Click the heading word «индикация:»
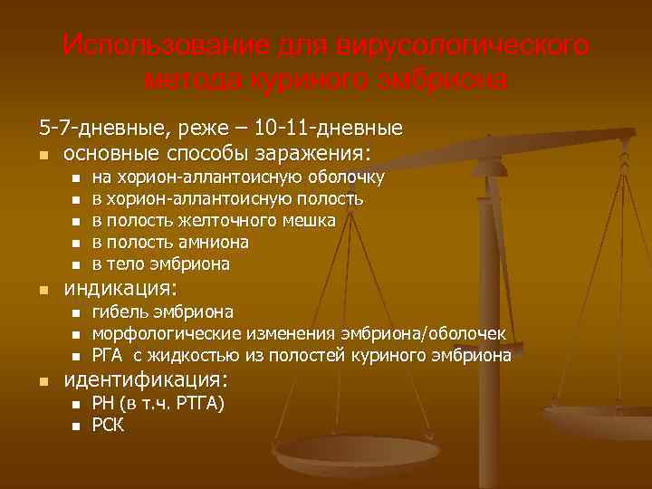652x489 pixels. [120, 289]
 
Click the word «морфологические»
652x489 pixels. [163, 334]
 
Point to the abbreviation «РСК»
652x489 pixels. [109, 425]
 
